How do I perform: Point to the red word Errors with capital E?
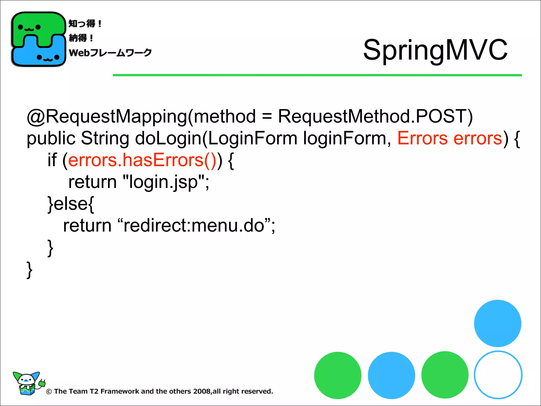422,138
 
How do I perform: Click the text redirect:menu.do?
194,226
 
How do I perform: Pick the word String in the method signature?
105,138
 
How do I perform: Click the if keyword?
52,160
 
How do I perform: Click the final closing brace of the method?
29,270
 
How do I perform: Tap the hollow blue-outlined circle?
498,375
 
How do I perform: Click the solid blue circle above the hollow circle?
497,323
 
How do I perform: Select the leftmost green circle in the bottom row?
338,375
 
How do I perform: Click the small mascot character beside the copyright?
27,383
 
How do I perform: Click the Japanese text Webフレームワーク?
110,53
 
